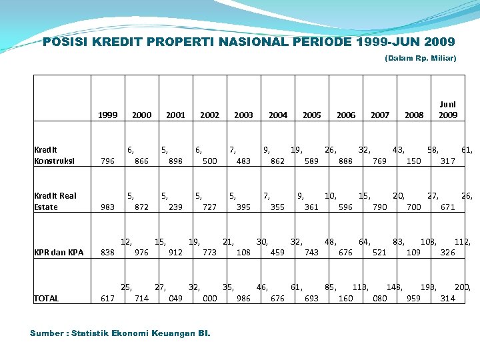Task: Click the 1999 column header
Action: (107, 115)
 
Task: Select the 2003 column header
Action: (243, 115)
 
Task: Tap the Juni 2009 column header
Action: (448, 109)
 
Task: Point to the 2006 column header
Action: (346, 115)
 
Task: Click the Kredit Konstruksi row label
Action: (55, 155)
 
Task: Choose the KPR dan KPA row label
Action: (57, 252)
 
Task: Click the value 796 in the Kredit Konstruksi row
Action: (107, 161)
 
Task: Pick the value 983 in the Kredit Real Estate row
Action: (107, 207)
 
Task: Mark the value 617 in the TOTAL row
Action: (107, 298)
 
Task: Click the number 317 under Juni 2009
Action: (448, 161)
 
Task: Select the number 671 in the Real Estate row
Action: (448, 207)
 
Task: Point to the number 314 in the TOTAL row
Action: (448, 298)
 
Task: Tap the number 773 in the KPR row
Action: (209, 252)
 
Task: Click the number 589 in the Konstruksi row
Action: (311, 161)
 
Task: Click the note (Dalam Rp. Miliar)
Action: (420, 59)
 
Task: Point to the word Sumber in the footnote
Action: (47, 333)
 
